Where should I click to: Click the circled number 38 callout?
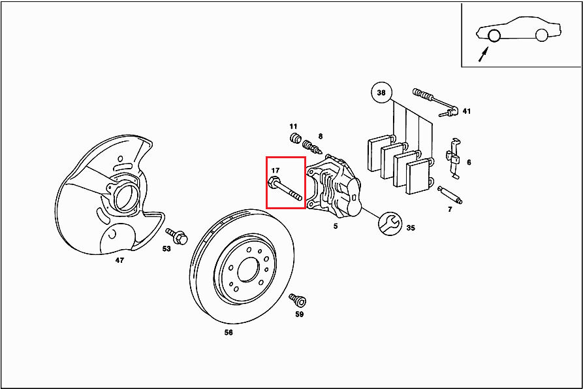(381, 92)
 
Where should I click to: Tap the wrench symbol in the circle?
(390, 224)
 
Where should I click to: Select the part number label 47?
(119, 260)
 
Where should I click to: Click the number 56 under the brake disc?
(228, 332)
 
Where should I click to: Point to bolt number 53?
(178, 236)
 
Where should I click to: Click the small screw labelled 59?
(298, 299)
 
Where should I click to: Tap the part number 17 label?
(275, 170)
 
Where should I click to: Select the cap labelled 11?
(295, 139)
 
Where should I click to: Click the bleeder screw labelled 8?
(312, 146)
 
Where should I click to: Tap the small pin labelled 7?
(450, 195)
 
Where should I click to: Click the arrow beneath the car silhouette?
(483, 54)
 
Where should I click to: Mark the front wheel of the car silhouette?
(494, 35)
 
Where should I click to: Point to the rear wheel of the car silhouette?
(542, 35)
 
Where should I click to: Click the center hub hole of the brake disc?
(247, 269)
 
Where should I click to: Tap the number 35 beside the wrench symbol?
(411, 228)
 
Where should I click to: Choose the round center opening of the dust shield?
(125, 197)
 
